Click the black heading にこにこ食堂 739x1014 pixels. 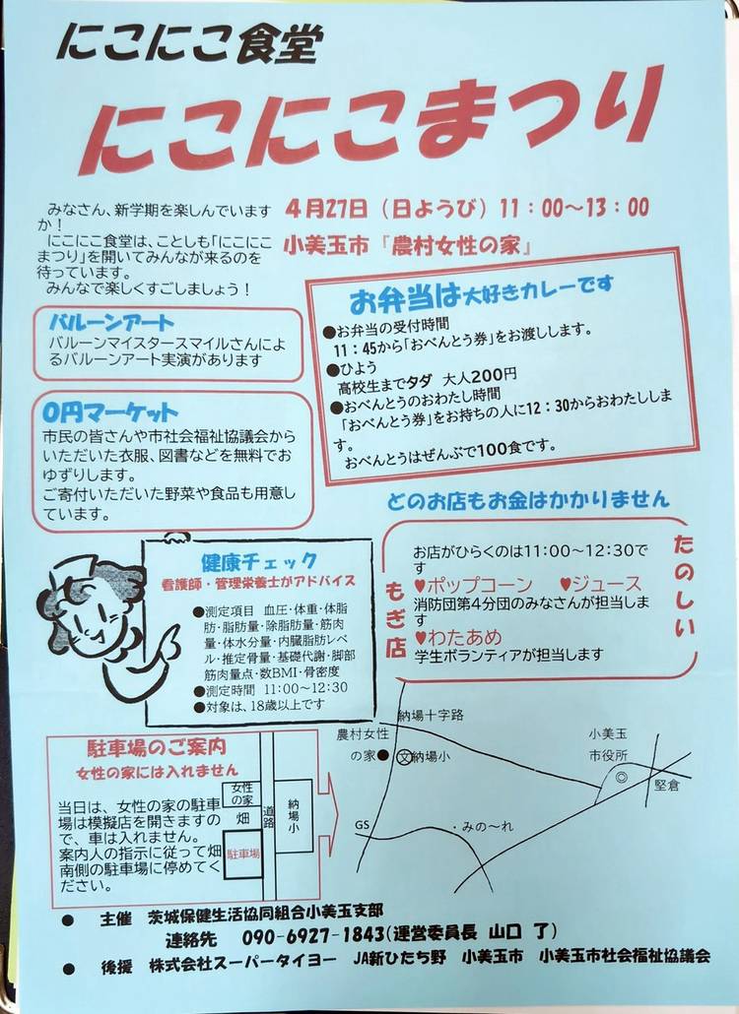pyautogui.click(x=189, y=44)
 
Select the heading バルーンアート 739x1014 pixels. pyautogui.click(x=112, y=322)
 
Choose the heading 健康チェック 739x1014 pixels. pyautogui.click(x=258, y=561)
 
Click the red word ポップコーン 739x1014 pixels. pyautogui.click(x=473, y=585)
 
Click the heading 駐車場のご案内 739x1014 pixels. pyautogui.click(x=157, y=747)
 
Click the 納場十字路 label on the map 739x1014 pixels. pyautogui.click(x=431, y=716)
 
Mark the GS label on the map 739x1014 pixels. pyautogui.click(x=362, y=825)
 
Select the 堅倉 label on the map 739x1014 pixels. pyautogui.click(x=666, y=785)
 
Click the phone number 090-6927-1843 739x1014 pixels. pyautogui.click(x=313, y=936)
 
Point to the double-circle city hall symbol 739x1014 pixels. pyautogui.click(x=621, y=778)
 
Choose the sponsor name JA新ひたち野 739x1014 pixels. pyautogui.click(x=400, y=957)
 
